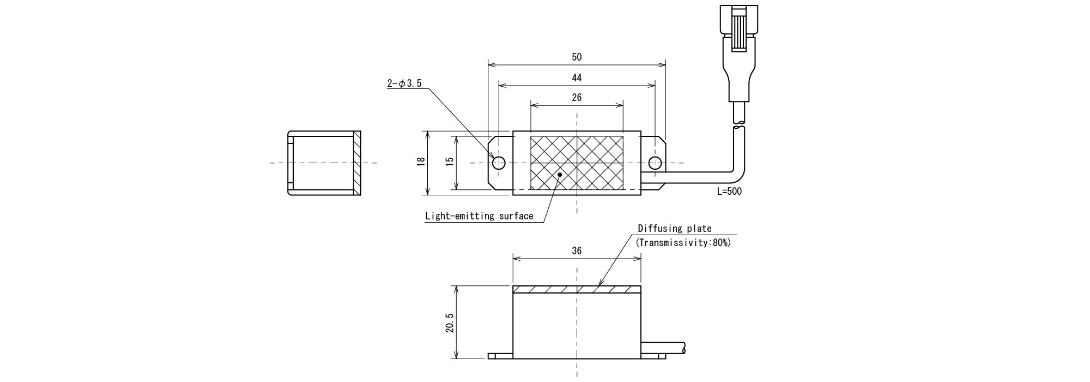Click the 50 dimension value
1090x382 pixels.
[x=577, y=57]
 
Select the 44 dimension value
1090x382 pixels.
[x=577, y=77]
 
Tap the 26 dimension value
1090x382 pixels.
[x=577, y=98]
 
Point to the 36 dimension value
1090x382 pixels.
[x=577, y=251]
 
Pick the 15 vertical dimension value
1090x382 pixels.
[x=450, y=162]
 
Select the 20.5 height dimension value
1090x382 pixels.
[x=449, y=327]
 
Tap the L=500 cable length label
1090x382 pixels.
[x=729, y=192]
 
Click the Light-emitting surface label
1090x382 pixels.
[x=479, y=216]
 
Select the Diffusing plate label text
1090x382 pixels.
[x=674, y=229]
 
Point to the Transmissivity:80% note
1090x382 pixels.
[x=683, y=243]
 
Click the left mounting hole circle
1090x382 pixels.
[x=499, y=163]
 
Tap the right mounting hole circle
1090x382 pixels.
[x=655, y=163]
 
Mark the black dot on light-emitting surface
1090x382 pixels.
[x=561, y=175]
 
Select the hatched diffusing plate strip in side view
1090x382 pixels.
[x=577, y=289]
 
